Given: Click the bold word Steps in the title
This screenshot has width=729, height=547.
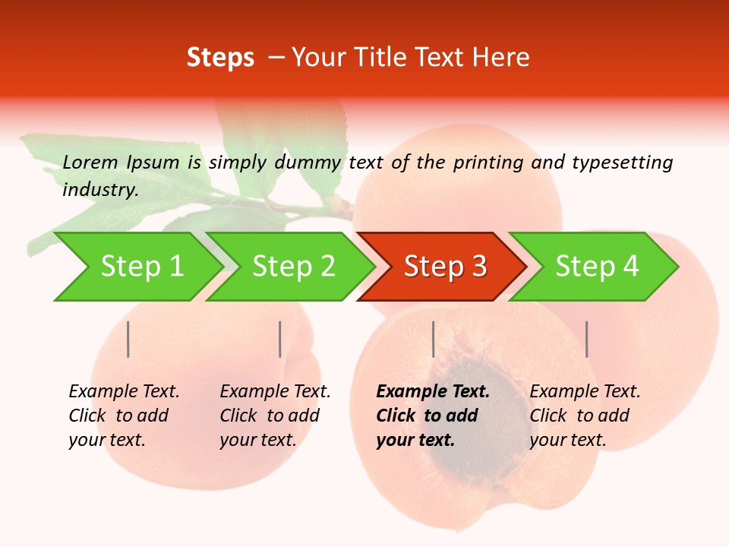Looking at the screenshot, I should (x=220, y=58).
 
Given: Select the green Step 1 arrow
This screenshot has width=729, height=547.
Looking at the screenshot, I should (x=141, y=267).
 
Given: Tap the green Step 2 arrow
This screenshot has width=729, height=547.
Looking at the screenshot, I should (x=293, y=267).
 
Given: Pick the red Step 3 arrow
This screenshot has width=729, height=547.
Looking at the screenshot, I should (x=445, y=267).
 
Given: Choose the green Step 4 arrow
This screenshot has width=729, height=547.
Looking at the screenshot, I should (x=597, y=267).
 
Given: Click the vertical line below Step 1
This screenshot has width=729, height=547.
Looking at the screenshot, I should (x=128, y=339).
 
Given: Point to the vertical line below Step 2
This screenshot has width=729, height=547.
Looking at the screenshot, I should (x=280, y=339).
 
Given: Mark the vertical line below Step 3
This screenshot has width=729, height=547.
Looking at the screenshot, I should (x=433, y=339).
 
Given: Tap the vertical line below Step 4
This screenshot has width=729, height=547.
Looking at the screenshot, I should (x=586, y=339).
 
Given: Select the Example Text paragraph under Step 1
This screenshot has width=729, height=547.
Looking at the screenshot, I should (x=124, y=416).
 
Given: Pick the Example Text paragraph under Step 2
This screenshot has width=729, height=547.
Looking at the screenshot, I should (x=275, y=416).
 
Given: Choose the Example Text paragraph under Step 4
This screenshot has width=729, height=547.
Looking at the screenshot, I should (x=585, y=416).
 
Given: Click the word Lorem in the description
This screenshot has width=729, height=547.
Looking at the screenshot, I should (x=90, y=162).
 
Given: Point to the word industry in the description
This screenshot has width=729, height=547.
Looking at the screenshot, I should (x=100, y=190).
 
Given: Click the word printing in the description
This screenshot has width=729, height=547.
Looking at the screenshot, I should (x=488, y=162).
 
